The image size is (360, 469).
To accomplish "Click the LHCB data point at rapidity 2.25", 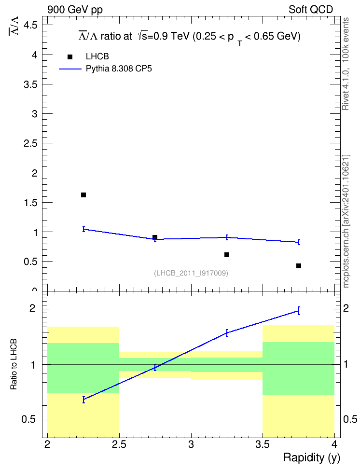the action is coord(83,195).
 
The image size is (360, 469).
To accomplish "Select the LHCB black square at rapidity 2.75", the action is coord(155,237).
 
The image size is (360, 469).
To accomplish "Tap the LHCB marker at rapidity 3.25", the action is coord(227,255).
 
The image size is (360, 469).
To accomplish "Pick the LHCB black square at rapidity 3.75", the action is coord(299,266).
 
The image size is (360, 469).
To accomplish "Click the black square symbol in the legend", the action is coord(70,57).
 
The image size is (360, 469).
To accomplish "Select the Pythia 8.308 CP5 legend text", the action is coord(119,69).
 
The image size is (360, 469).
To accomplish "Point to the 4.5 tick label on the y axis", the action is coord(30,26).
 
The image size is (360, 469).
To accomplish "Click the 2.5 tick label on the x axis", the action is coord(119,445).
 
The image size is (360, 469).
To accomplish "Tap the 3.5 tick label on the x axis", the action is coord(263,445).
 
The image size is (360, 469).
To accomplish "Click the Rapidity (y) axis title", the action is coord(312,458).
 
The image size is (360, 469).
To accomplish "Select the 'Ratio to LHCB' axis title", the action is coord(14,364).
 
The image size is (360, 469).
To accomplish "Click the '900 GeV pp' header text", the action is coord(75,10).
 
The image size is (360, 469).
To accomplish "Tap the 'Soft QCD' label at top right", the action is coord(311,10).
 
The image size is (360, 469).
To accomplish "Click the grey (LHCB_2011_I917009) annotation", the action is coord(191,273).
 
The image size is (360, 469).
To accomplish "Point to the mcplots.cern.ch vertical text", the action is coord(346,221).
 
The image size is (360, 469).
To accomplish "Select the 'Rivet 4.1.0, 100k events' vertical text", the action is coord(346,64).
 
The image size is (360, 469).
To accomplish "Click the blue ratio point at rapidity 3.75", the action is coord(299,311).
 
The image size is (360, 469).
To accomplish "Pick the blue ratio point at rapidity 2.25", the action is coord(84,400).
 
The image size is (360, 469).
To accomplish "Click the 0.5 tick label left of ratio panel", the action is coord(28,420).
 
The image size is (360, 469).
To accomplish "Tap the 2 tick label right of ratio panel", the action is coord(346,308).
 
